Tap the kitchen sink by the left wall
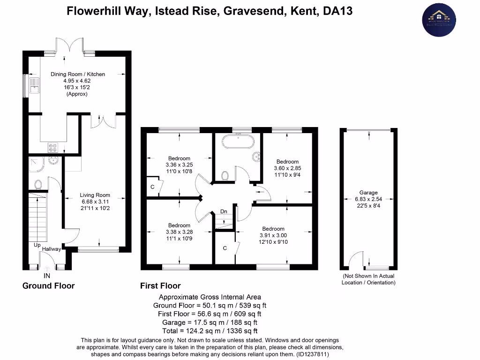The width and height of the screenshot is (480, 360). pyautogui.click(x=34, y=85)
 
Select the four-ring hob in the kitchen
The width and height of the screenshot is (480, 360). pyautogui.click(x=52, y=147)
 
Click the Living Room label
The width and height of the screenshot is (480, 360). pyautogui.click(x=95, y=195)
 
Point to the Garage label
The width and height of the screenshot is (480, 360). pyautogui.click(x=368, y=193)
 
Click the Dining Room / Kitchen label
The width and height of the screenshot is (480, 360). pyautogui.click(x=78, y=74)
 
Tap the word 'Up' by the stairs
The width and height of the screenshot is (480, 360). pyautogui.click(x=37, y=245)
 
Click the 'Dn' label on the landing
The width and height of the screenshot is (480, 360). pyautogui.click(x=224, y=212)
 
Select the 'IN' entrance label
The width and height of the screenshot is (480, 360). pyautogui.click(x=47, y=276)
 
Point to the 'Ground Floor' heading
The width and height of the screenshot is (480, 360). pyautogui.click(x=48, y=285)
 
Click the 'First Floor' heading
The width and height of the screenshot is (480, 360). pyautogui.click(x=160, y=285)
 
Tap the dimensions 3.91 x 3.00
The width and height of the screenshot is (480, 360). pyautogui.click(x=273, y=235)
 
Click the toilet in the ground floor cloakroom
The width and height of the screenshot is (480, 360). pyautogui.click(x=38, y=184)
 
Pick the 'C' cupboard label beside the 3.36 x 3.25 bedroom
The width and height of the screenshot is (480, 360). pyautogui.click(x=152, y=187)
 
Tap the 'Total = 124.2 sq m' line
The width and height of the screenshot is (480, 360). pyautogui.click(x=210, y=330)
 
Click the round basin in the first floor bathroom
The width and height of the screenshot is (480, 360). pyautogui.click(x=256, y=157)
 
